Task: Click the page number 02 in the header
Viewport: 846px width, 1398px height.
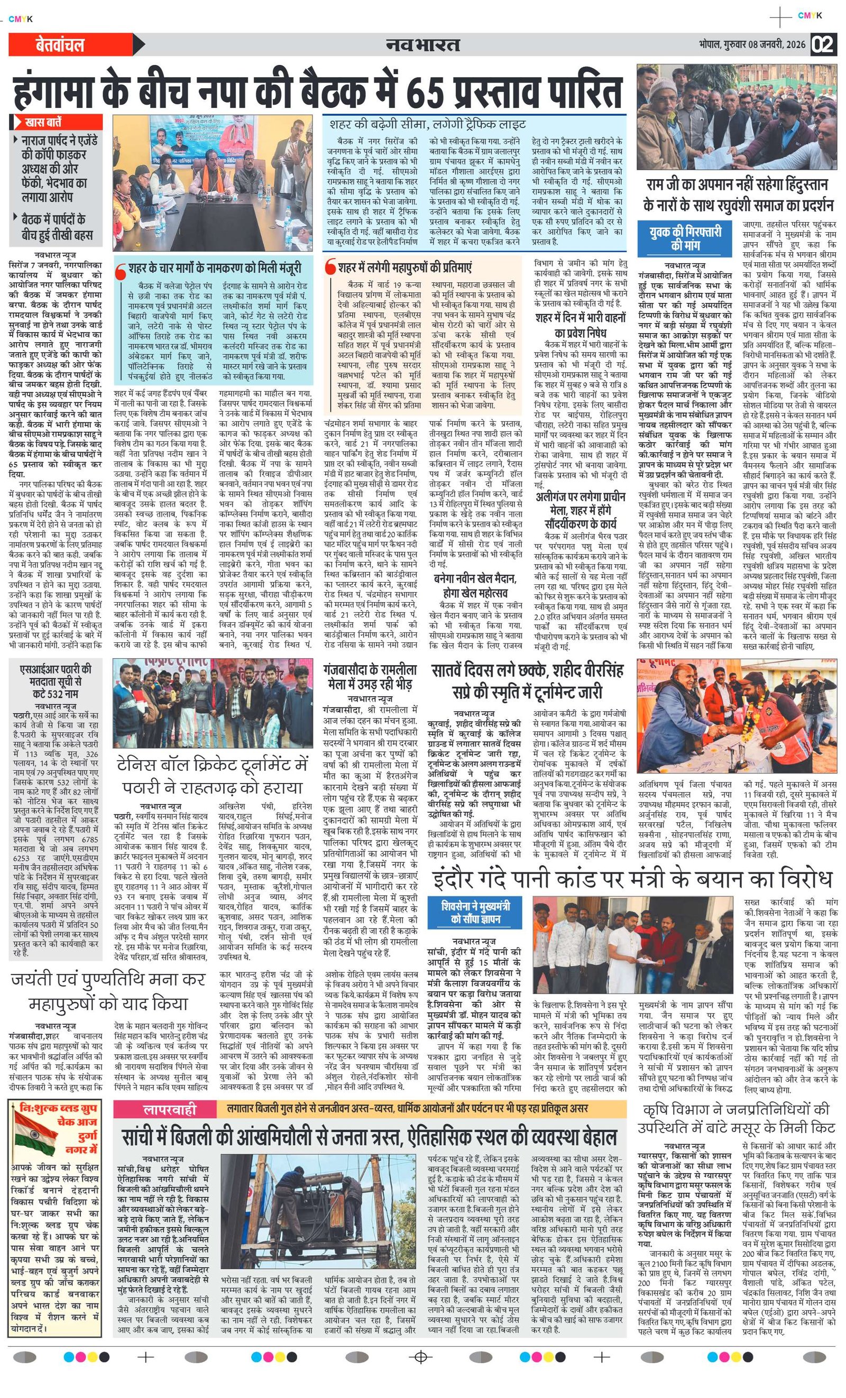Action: [x=823, y=45]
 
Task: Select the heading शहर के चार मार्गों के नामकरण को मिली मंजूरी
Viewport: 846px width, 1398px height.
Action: [x=215, y=267]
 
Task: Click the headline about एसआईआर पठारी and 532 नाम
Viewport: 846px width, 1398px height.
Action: [x=55, y=681]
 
